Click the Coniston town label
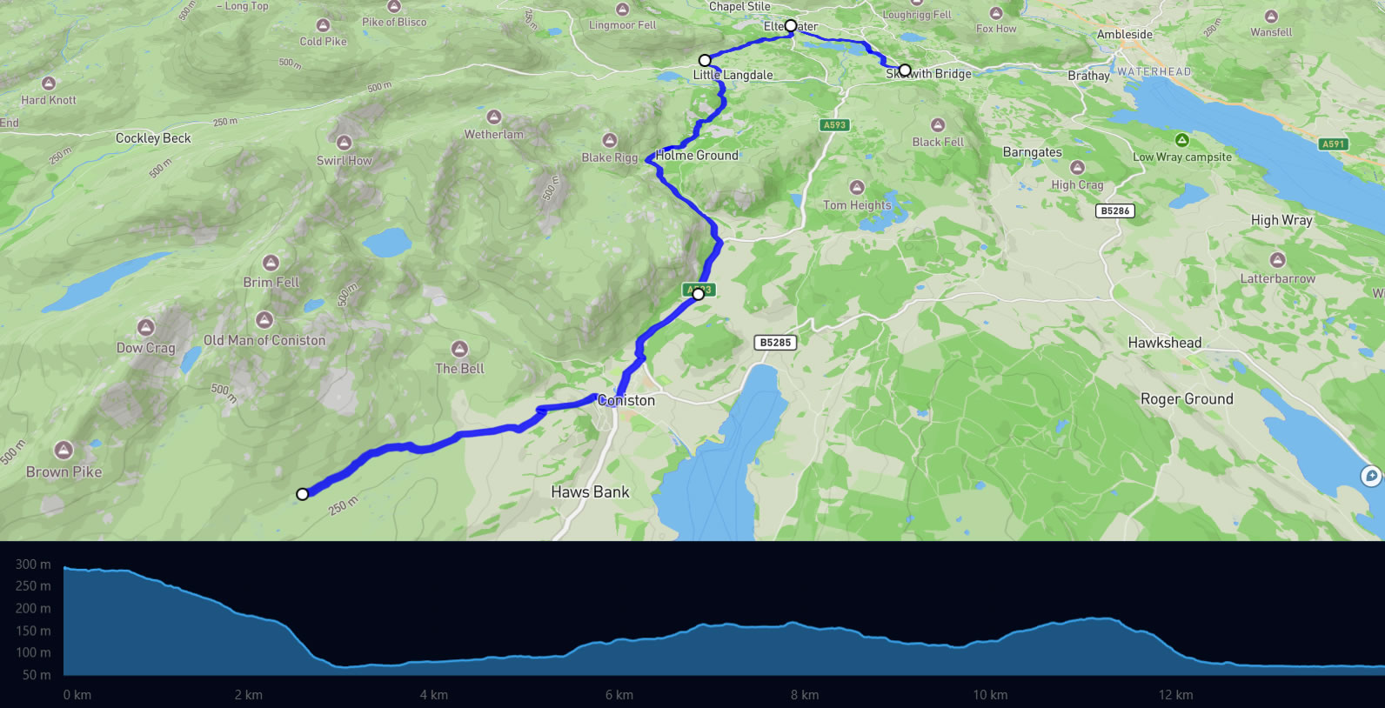[626, 400]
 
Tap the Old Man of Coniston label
[264, 340]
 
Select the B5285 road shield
[775, 343]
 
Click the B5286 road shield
[1114, 210]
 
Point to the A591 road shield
[1333, 144]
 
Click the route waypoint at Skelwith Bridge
[905, 70]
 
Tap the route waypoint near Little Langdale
[705, 60]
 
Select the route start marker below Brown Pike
[302, 494]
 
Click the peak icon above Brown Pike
[63, 450]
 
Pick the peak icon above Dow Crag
[145, 327]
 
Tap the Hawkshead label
[1164, 343]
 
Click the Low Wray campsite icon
[1181, 140]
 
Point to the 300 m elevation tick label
[33, 564]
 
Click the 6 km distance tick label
[619, 695]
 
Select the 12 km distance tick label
[1175, 695]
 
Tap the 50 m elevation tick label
[37, 675]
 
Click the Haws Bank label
[590, 492]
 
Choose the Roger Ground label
[1187, 399]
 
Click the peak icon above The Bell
[459, 350]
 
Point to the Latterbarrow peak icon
[1277, 259]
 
